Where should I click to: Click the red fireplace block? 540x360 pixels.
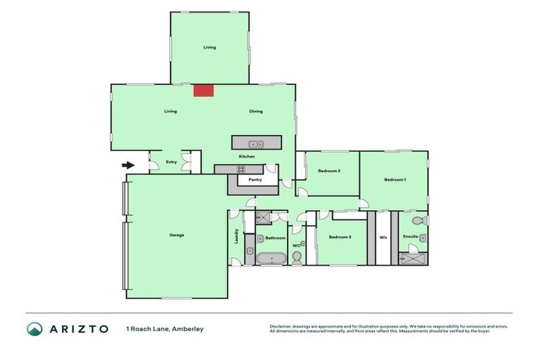click(x=204, y=90)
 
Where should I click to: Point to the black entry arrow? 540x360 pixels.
click(x=128, y=165)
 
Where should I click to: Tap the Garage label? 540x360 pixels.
click(x=176, y=235)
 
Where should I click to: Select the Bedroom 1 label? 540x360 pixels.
click(x=394, y=180)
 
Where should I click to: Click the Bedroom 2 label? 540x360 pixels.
click(x=329, y=172)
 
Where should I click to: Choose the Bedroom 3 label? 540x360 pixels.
click(x=340, y=238)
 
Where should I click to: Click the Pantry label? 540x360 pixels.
click(x=255, y=180)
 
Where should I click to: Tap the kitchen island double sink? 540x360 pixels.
click(x=257, y=143)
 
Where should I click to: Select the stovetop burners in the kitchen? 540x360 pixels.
click(x=240, y=169)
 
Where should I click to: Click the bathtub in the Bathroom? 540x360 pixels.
click(x=271, y=258)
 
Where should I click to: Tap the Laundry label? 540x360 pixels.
click(x=236, y=238)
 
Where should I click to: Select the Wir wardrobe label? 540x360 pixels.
click(x=383, y=238)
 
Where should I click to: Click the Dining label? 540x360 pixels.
click(x=255, y=111)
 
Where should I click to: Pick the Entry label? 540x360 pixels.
click(x=171, y=162)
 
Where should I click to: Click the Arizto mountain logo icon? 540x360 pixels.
click(x=34, y=329)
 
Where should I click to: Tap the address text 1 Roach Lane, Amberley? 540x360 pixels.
click(x=165, y=329)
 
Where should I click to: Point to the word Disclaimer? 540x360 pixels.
click(x=282, y=326)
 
